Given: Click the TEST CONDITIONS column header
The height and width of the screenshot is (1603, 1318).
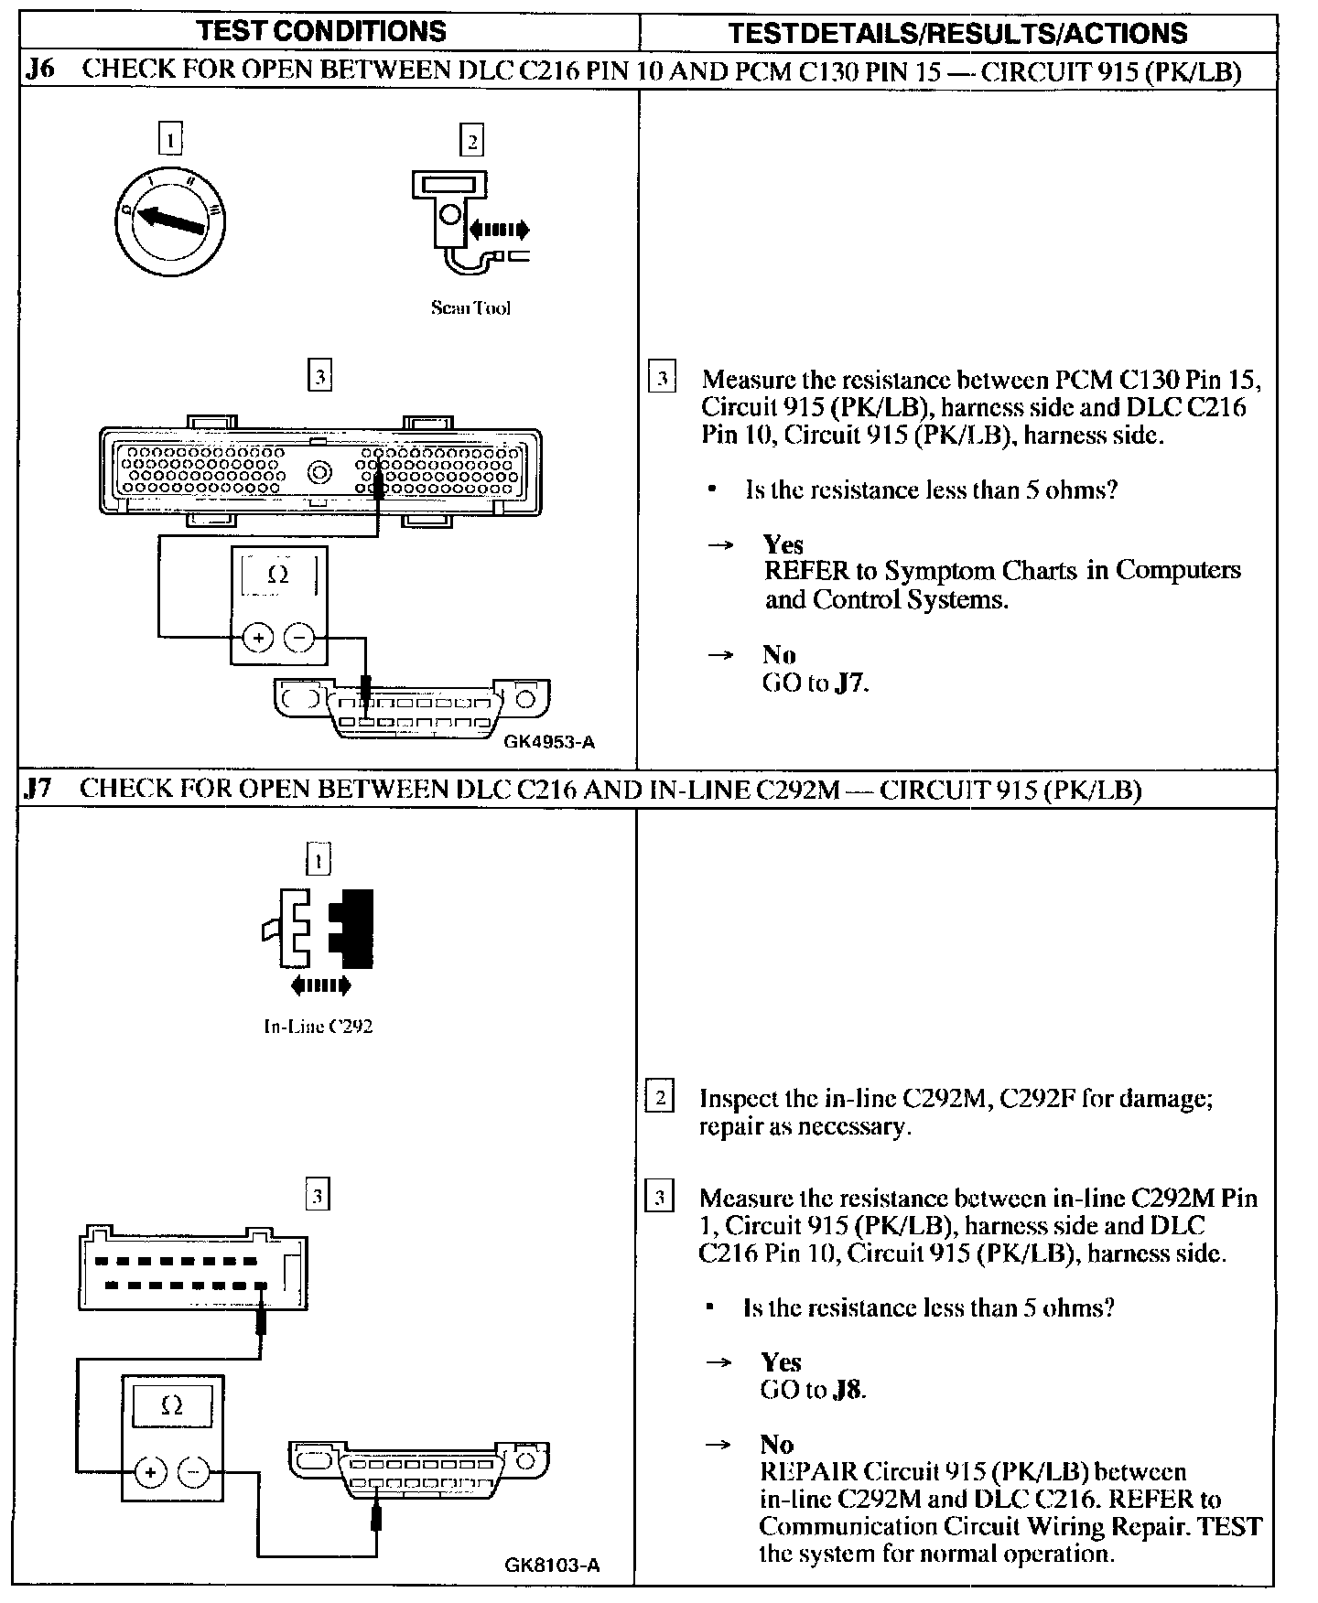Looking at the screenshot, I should pos(322,31).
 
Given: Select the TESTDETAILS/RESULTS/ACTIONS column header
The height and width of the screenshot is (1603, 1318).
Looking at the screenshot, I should pos(957,34).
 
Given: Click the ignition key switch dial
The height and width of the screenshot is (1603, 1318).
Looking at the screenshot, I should pos(170,221).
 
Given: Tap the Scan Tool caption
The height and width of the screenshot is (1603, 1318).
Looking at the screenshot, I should pos(470,308).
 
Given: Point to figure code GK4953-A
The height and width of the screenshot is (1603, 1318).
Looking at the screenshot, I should pos(549,742).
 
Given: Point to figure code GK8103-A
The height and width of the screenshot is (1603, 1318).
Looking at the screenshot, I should pos(552,1565).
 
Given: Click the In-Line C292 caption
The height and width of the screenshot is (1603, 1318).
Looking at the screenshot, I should pos(318,1027).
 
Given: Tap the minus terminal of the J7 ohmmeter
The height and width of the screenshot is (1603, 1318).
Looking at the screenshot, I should pos(193,1472).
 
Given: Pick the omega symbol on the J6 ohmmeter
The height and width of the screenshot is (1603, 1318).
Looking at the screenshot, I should pos(278,575).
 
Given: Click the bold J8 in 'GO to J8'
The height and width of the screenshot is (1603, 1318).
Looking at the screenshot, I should pos(848,1390).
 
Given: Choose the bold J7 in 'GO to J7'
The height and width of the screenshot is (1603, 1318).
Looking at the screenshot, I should pos(850,683).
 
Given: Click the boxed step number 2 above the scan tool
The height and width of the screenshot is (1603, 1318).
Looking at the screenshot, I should pos(471,141).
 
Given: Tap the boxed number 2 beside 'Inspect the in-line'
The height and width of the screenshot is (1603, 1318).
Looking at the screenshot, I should pos(659,1097).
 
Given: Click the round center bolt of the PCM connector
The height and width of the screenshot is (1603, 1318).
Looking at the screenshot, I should pos(320,473).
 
